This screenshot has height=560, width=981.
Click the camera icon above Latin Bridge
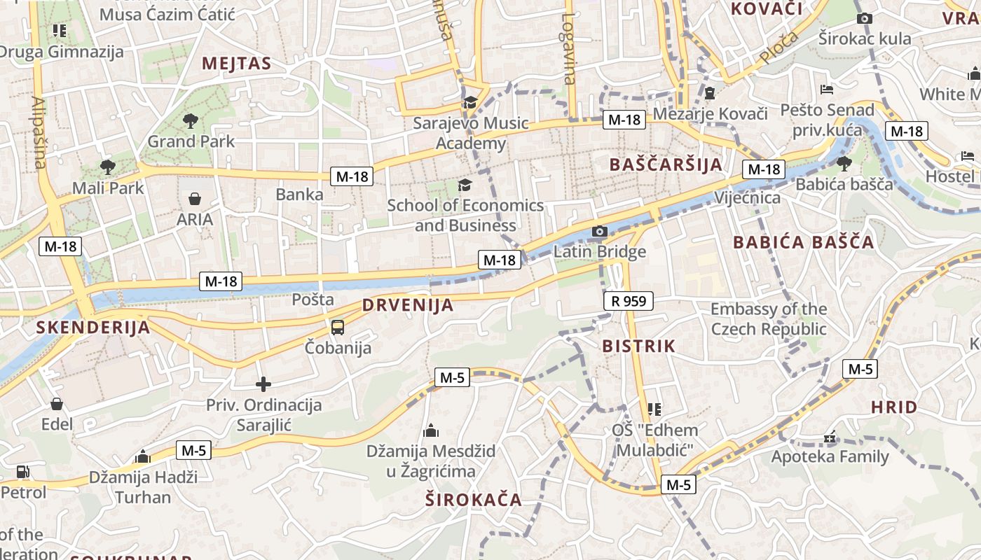[x=599, y=232]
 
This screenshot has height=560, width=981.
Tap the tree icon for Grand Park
[x=190, y=121]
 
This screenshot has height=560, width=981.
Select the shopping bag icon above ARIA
[x=195, y=199]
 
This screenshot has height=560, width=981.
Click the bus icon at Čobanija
[x=338, y=327]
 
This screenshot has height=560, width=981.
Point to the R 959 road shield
[x=628, y=302]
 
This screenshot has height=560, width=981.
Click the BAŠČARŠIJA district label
[x=665, y=164]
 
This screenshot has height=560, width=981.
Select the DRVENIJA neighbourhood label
[x=408, y=306]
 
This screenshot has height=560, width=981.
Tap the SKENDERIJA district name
[x=93, y=328]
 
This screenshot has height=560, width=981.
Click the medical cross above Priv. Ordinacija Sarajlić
[x=263, y=384]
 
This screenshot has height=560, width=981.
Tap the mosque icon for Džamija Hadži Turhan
[x=143, y=457]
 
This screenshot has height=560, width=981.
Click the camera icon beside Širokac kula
[x=865, y=19]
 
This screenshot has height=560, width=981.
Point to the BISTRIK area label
[x=638, y=346]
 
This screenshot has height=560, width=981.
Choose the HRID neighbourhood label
[x=894, y=407]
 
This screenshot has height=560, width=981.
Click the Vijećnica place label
[x=747, y=198]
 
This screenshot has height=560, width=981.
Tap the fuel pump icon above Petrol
[x=23, y=472]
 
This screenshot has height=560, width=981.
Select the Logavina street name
[x=568, y=49]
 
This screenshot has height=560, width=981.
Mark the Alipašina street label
[x=39, y=133]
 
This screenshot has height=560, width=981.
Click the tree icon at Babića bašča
[x=844, y=164]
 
